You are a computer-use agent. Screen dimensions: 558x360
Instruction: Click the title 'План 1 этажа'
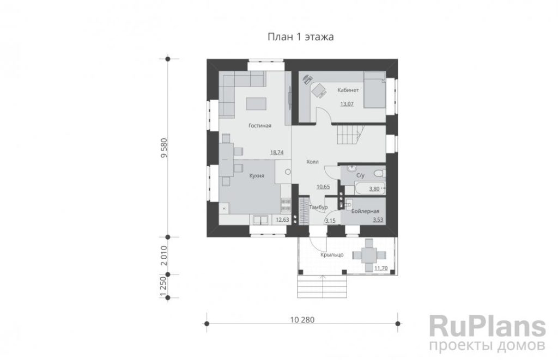(x=301, y=37)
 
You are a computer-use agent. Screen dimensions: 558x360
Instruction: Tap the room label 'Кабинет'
(x=348, y=90)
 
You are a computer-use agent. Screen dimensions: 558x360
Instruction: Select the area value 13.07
(x=347, y=104)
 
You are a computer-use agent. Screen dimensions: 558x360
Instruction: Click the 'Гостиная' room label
(x=260, y=126)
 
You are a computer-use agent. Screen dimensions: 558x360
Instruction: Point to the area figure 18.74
(x=277, y=152)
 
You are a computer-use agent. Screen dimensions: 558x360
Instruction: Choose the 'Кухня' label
(x=257, y=176)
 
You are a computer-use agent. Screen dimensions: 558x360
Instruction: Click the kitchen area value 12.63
(x=283, y=220)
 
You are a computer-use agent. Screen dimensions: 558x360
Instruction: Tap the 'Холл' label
(x=312, y=162)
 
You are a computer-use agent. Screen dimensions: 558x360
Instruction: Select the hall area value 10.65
(x=323, y=187)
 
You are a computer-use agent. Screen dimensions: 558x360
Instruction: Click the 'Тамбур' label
(x=318, y=208)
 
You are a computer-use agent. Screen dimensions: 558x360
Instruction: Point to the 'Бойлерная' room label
(x=365, y=211)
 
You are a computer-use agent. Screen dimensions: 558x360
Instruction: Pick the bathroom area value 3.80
(x=374, y=189)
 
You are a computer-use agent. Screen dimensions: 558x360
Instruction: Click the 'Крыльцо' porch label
(x=332, y=255)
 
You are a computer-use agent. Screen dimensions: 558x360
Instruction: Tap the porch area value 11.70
(x=381, y=268)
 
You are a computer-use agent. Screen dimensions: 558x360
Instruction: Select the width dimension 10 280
(x=302, y=320)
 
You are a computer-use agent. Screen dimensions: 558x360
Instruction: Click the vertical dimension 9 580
(x=163, y=148)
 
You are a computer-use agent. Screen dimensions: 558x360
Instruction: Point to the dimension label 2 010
(x=163, y=255)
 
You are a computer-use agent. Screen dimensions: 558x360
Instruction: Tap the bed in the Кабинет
(x=375, y=90)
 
